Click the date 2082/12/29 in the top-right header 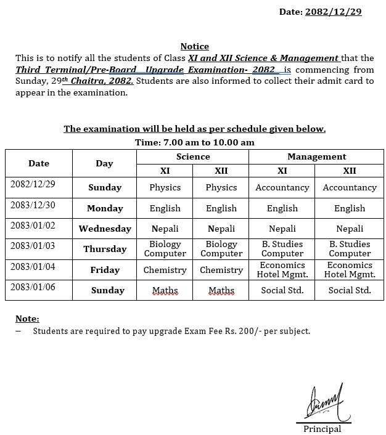(333, 12)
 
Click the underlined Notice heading (194, 46)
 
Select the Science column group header (192, 157)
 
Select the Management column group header (316, 157)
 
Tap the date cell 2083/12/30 (33, 205)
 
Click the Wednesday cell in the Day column (105, 229)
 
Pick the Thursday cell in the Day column (105, 249)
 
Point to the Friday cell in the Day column (105, 270)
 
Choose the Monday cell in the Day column (105, 208)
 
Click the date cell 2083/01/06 (33, 287)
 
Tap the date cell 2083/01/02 (33, 226)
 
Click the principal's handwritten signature (325, 404)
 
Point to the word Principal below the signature (322, 429)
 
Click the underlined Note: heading (27, 319)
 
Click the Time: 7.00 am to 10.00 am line (194, 142)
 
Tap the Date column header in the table (39, 163)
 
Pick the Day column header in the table (104, 163)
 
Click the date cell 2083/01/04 (33, 266)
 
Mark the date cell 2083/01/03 (33, 246)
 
